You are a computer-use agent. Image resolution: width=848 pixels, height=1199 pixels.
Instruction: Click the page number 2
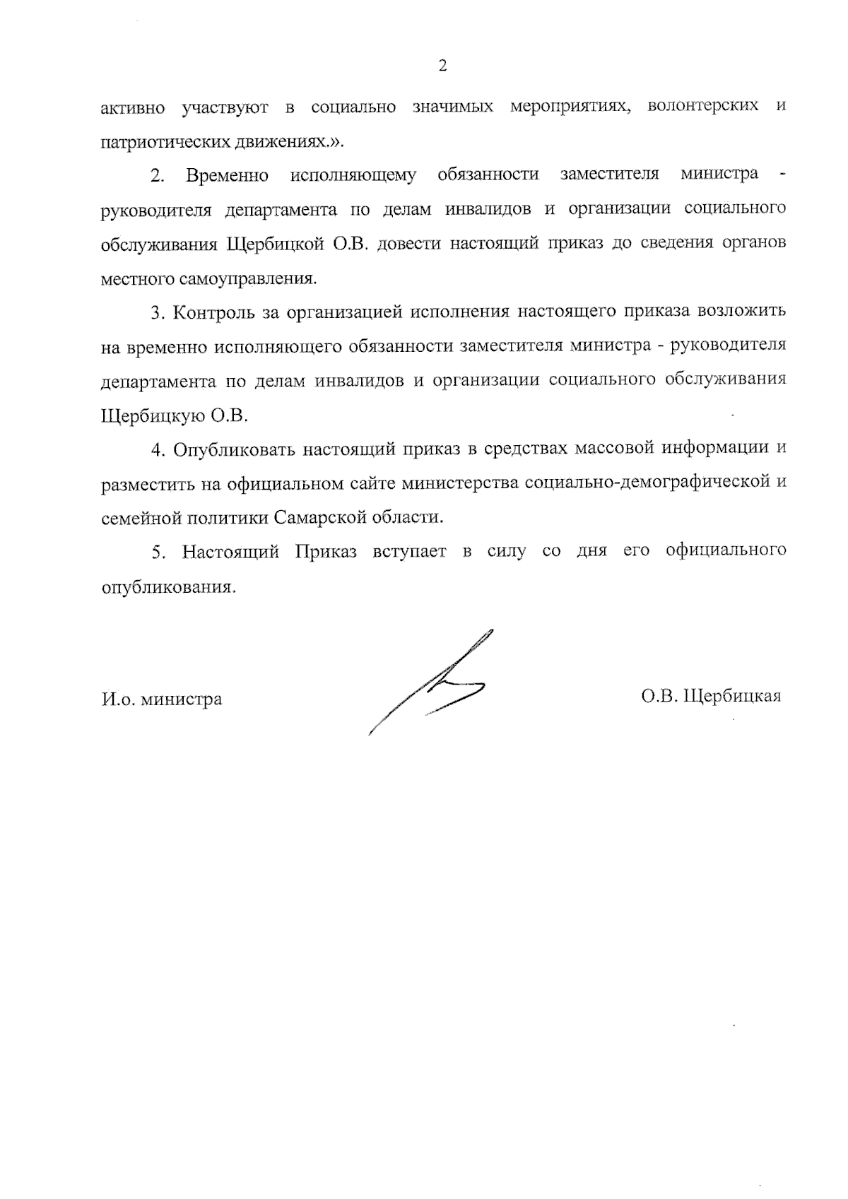443,66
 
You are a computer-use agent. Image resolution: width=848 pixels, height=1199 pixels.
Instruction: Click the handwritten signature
430,682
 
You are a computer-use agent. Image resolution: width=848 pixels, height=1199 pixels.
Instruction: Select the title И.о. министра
161,699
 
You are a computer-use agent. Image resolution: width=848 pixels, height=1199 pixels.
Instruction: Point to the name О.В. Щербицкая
711,697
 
